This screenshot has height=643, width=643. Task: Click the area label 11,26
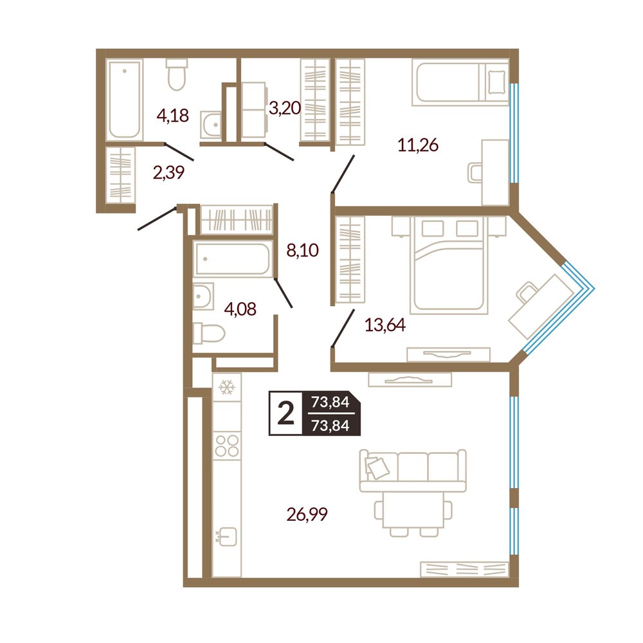(x=418, y=145)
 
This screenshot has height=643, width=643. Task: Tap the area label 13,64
(x=385, y=325)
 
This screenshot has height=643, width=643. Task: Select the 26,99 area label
(x=307, y=514)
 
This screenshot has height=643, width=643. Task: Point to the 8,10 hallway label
(x=303, y=249)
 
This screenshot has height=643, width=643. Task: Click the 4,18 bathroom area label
(x=172, y=116)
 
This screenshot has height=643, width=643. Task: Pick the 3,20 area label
(x=285, y=108)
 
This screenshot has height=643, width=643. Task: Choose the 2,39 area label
(x=168, y=172)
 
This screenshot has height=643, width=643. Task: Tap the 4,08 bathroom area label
(x=240, y=309)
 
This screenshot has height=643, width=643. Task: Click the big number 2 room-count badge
(x=286, y=413)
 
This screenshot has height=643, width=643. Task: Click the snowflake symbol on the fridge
(x=227, y=386)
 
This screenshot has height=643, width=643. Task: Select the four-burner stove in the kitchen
(x=227, y=446)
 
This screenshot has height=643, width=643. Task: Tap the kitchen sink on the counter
(x=227, y=536)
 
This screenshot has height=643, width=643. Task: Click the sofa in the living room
(x=413, y=471)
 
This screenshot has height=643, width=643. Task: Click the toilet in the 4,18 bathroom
(x=177, y=74)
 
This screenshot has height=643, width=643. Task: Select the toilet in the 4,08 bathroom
(x=209, y=332)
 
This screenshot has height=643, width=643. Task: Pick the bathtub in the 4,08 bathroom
(x=233, y=258)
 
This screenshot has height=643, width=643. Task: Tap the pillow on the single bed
(x=496, y=82)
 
